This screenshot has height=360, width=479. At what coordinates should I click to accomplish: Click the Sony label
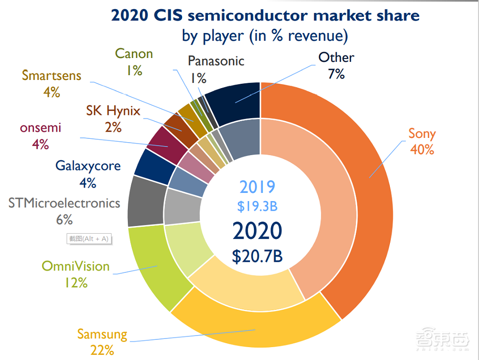tap(421, 134)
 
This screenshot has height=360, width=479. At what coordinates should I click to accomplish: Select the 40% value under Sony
tap(422, 149)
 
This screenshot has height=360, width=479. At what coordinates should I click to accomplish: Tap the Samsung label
tap(103, 334)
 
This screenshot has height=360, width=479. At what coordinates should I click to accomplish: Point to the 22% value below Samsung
tap(103, 350)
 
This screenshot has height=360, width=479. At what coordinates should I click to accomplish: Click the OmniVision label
tap(76, 266)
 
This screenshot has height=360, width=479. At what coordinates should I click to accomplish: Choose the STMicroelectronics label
tap(64, 203)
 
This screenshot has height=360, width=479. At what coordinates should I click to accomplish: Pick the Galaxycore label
tap(88, 166)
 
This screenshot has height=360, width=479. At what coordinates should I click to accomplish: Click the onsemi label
tap(41, 128)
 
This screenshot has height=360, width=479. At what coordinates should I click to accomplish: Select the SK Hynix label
tap(114, 111)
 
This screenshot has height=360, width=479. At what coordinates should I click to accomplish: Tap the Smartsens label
tap(51, 76)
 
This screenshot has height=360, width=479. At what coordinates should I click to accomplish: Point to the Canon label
tap(134, 54)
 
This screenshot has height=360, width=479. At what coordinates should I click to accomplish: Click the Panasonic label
tap(216, 61)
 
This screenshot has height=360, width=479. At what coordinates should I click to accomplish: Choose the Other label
tap(336, 58)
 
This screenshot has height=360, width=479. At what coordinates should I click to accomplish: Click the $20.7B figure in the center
tap(257, 256)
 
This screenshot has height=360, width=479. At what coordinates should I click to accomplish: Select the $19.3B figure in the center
tap(257, 206)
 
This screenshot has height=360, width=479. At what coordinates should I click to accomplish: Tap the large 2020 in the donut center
tap(257, 231)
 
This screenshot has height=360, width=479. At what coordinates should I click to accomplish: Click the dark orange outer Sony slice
tap(364, 191)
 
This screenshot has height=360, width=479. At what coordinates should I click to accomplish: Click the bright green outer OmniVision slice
tap(148, 268)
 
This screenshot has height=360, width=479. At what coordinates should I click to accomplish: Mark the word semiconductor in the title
tap(248, 15)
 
